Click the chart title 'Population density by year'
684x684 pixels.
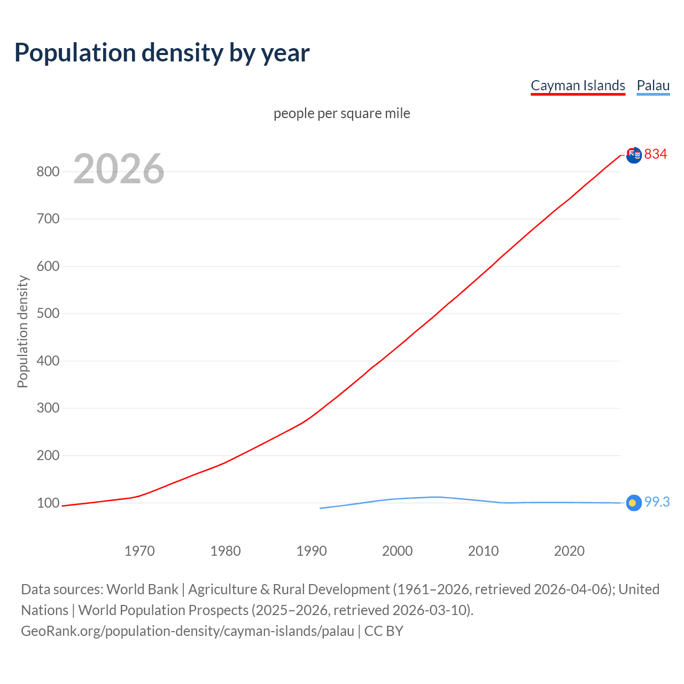162,53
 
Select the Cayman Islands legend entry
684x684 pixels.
578,85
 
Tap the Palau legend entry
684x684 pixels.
653,85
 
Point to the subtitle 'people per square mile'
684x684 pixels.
342,113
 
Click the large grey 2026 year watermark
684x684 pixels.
119,169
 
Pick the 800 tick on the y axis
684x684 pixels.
48,172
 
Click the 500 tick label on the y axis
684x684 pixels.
48,314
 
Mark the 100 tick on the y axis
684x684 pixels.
48,503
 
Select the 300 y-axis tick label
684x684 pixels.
48,408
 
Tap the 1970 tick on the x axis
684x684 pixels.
139,551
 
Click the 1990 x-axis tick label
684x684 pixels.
312,551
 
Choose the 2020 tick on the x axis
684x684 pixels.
569,551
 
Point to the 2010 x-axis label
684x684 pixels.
483,551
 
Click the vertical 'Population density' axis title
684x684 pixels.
22,331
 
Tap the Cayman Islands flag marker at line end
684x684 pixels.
634,155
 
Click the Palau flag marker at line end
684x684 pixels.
634,503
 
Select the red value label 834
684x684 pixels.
656,154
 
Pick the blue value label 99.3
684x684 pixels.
657,502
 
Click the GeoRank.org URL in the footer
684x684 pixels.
188,631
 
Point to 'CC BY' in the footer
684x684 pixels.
384,631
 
